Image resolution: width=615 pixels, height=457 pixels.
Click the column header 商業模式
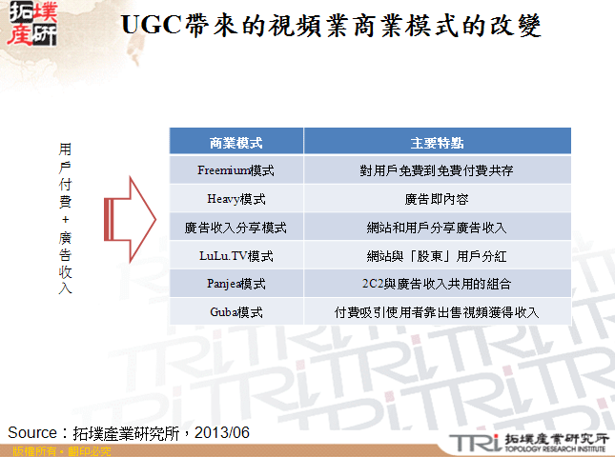click(x=236, y=143)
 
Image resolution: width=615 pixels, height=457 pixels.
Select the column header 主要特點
click(x=438, y=143)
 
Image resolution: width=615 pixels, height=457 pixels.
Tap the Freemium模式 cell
click(x=236, y=171)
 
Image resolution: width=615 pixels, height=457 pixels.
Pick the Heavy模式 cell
click(x=236, y=200)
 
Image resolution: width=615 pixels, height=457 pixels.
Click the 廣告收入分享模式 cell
click(x=236, y=228)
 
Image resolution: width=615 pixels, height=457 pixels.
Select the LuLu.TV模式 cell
click(x=236, y=256)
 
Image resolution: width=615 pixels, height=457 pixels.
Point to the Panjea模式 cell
click(x=236, y=284)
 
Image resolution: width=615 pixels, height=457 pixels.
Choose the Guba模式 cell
click(x=236, y=312)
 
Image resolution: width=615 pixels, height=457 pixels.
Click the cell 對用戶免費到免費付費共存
click(x=438, y=171)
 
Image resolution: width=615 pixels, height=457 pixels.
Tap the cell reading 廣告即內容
click(x=438, y=200)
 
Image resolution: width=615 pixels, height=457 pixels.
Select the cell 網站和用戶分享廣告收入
click(x=438, y=228)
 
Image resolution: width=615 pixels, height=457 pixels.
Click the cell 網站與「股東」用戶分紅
click(x=438, y=256)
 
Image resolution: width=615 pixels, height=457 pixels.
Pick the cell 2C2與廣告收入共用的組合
click(x=438, y=284)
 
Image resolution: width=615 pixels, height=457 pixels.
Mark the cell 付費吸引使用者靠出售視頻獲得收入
click(x=438, y=312)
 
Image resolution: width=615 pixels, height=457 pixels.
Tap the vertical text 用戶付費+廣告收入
click(x=66, y=219)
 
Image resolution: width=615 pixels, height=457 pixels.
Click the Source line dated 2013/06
click(x=129, y=432)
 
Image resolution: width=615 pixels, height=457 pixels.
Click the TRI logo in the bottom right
click(x=528, y=441)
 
